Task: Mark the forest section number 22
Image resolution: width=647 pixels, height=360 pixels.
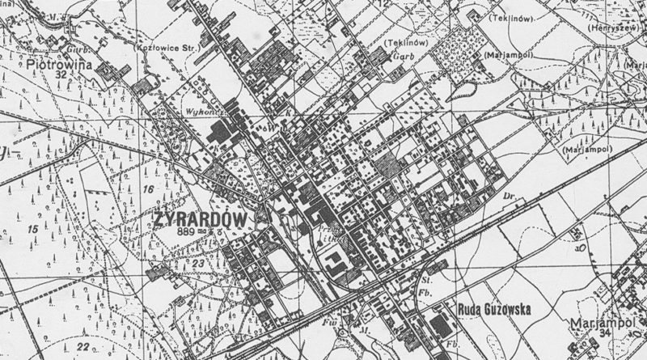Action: point(82,347)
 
